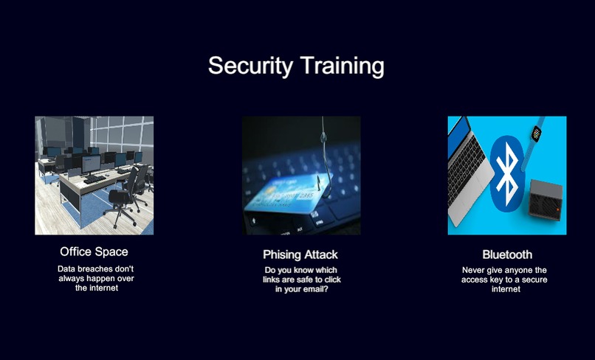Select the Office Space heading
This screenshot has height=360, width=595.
click(x=94, y=252)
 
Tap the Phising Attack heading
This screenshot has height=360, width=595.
click(x=300, y=255)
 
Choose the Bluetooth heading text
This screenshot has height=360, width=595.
click(x=507, y=255)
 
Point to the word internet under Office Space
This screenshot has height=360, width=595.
click(x=103, y=288)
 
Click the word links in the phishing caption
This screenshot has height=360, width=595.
click(x=277, y=280)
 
